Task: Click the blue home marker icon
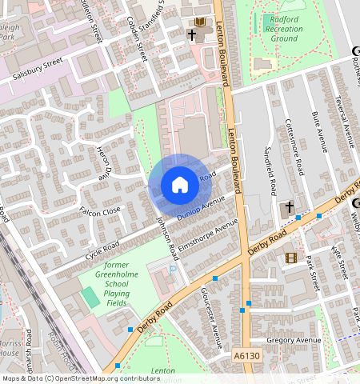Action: click(x=180, y=185)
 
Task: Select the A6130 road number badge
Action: click(x=248, y=355)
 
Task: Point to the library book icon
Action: click(x=200, y=22)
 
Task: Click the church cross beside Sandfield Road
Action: click(x=288, y=207)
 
